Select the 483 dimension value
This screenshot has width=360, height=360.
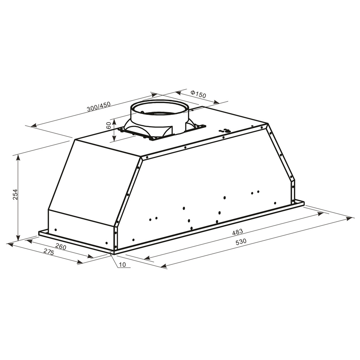click(238, 231)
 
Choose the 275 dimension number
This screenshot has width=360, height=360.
click(48, 252)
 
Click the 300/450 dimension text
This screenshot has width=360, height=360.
click(98, 108)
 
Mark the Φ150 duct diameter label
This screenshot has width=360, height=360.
click(198, 94)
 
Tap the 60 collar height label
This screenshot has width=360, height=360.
click(108, 126)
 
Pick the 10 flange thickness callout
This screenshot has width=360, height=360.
click(122, 265)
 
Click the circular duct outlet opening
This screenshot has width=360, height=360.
click(159, 108)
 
